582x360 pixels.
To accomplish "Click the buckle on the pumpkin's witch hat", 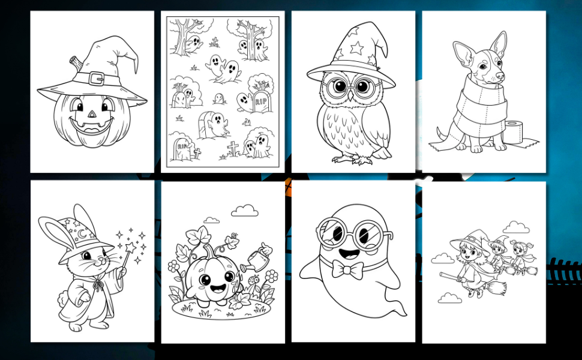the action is point(97,79).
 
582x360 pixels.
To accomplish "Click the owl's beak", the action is point(350,96).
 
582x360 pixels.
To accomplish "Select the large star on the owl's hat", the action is point(356,47).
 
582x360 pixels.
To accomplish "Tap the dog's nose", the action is point(500,76).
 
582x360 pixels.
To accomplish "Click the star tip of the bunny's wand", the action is point(130,247).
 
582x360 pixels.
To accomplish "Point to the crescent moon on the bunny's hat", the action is point(82,233).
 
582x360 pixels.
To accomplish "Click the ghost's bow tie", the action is point(347,269).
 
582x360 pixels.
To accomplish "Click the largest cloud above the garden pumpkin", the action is point(245,211).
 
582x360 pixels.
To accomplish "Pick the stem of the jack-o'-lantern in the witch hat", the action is point(76,64).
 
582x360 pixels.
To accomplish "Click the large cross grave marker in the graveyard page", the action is point(233,148).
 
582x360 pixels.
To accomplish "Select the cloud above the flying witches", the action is point(516,227).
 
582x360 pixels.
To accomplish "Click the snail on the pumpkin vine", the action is point(234,235).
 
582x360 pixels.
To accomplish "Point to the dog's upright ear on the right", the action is point(499,43).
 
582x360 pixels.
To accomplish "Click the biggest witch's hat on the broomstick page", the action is point(469,242).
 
